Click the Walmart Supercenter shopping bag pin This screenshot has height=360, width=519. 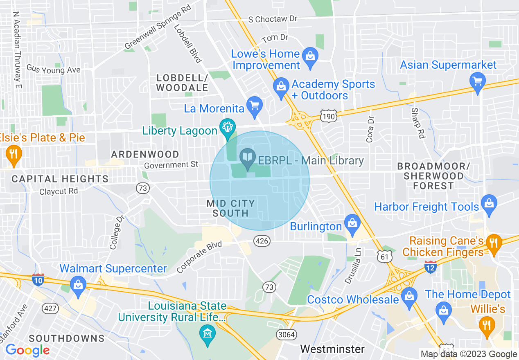[78, 284]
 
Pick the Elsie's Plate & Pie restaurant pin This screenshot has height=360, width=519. [14, 154]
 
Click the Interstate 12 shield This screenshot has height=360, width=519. [430, 267]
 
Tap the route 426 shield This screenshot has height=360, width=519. [262, 241]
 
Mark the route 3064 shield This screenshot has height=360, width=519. [286, 334]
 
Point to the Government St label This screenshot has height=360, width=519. [171, 164]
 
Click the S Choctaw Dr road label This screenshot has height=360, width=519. [273, 19]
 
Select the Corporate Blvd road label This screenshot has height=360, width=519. [199, 257]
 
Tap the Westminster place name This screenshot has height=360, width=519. [332, 349]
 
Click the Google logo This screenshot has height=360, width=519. [27, 350]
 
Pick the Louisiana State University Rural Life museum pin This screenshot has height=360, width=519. [208, 335]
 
